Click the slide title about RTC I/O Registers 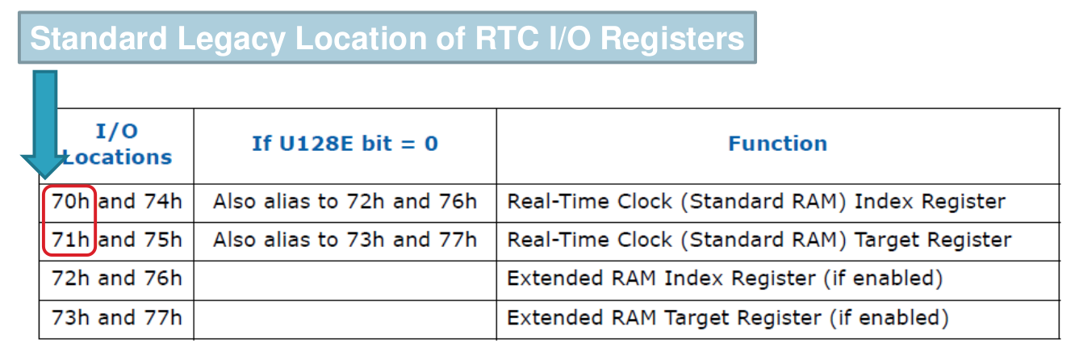tap(387, 38)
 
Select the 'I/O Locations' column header tap(118, 144)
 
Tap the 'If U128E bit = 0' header tap(345, 144)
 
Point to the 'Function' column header tap(777, 144)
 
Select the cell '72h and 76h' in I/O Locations tap(117, 278)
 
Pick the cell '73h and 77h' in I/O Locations tap(117, 317)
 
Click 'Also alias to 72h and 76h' tap(345, 201)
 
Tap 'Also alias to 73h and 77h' tap(345, 240)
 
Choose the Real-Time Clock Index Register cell tap(755, 201)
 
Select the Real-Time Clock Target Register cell tap(759, 240)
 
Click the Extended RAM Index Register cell tap(724, 278)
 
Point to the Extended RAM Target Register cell tap(727, 317)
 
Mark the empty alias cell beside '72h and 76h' tap(345, 278)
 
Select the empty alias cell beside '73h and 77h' tap(345, 317)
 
